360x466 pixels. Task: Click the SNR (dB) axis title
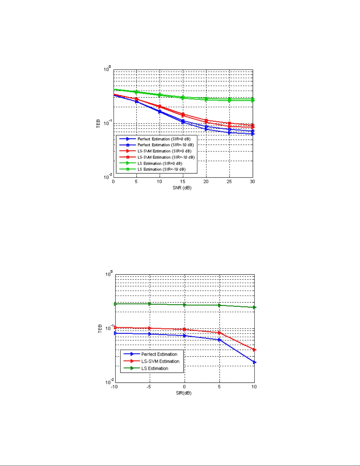point(182,188)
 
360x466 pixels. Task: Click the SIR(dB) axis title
point(184,393)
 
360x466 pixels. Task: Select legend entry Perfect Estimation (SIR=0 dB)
point(164,139)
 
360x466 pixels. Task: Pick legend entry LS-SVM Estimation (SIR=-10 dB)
point(166,157)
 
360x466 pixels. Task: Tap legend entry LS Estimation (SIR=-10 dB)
point(161,169)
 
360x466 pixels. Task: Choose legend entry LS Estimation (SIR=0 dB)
point(160,163)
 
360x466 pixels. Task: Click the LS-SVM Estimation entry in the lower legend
point(160,361)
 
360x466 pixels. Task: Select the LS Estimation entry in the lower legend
point(155,368)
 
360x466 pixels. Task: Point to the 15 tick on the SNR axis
point(183,182)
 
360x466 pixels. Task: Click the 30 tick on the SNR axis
point(252,182)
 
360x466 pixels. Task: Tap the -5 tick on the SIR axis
point(149,387)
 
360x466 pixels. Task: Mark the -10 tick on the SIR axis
point(114,387)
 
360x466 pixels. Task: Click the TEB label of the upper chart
point(98,123)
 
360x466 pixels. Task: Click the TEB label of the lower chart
point(100,329)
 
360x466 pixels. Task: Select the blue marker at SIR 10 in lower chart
point(255,363)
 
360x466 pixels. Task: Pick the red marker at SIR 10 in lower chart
point(255,350)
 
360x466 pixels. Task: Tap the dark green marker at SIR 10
point(255,308)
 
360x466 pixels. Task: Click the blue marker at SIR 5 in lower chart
point(220,340)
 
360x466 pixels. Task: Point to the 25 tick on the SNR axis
point(229,182)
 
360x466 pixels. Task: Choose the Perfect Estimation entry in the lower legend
point(159,354)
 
